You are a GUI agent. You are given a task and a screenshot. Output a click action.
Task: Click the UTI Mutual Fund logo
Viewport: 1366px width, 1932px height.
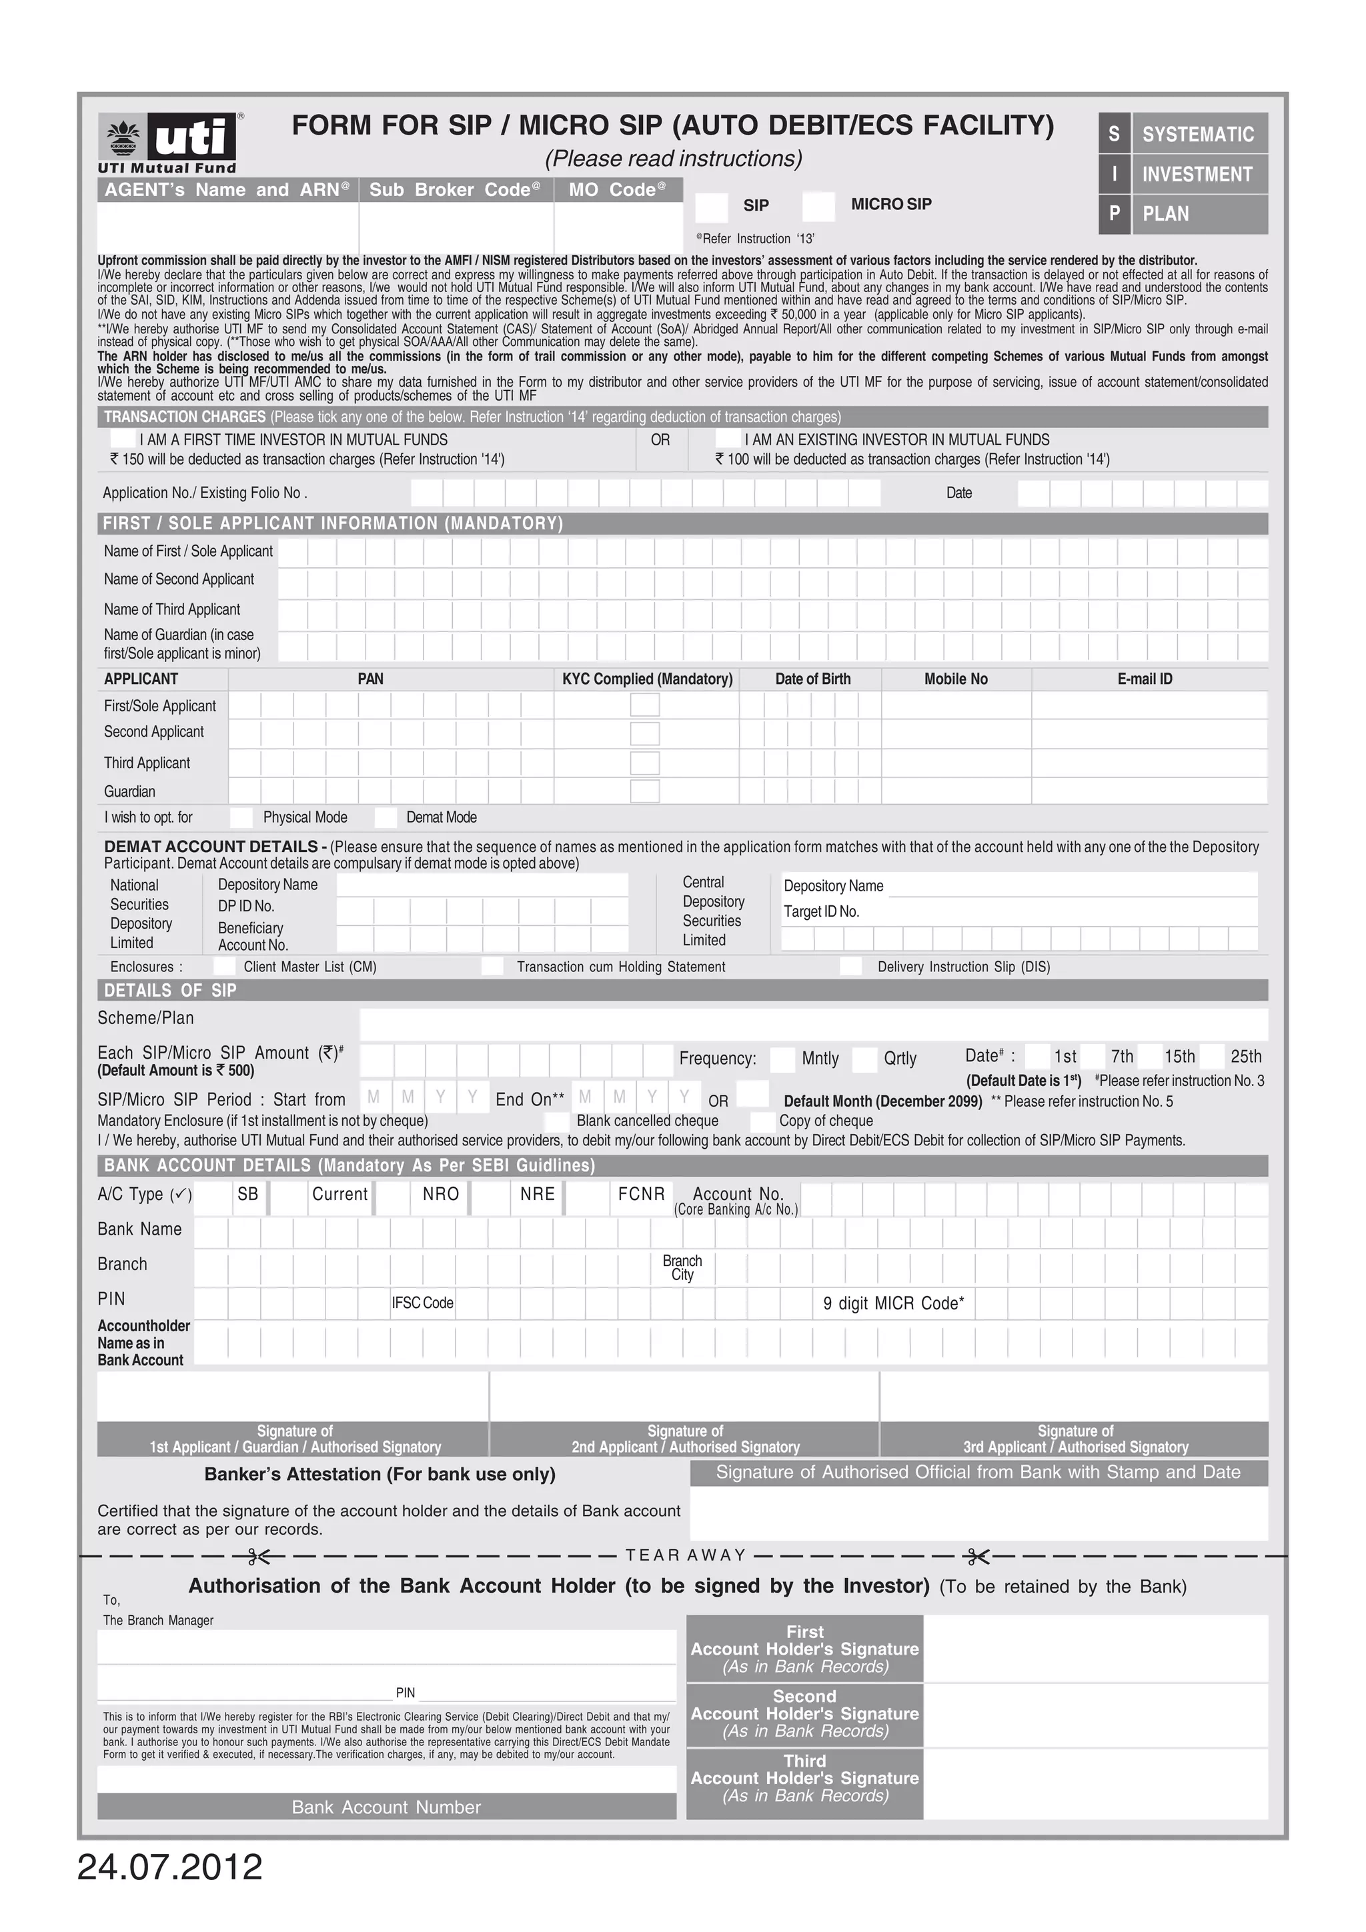(168, 143)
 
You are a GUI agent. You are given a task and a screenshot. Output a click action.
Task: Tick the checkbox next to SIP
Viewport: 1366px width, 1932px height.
(712, 206)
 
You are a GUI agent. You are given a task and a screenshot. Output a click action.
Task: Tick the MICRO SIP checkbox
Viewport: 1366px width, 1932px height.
(818, 206)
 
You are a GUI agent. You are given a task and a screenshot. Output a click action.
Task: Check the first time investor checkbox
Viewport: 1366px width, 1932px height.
(123, 439)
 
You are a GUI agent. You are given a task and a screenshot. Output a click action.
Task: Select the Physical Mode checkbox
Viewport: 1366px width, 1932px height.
(241, 817)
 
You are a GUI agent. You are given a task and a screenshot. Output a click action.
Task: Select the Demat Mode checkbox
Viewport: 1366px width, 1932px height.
(386, 817)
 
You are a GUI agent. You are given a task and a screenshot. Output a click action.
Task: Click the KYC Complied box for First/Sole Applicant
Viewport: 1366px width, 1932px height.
(645, 705)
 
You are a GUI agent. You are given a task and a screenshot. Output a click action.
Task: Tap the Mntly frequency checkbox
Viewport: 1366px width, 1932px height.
(783, 1059)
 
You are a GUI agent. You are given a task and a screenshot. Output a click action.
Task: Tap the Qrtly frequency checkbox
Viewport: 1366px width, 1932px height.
(864, 1059)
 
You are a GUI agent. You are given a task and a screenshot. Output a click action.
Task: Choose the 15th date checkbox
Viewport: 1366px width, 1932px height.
(1150, 1056)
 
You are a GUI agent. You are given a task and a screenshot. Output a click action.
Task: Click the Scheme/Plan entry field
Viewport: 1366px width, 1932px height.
(812, 1024)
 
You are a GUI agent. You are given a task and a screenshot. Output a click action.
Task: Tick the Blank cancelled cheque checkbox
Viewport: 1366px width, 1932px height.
(556, 1122)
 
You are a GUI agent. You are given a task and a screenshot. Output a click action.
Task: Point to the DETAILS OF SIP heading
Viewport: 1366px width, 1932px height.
(170, 991)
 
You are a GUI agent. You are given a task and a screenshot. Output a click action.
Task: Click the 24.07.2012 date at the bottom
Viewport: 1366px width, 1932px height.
(170, 1867)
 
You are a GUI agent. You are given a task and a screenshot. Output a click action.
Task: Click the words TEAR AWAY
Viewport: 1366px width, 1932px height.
(686, 1555)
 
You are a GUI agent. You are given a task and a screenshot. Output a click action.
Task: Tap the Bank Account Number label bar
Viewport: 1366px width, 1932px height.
(386, 1807)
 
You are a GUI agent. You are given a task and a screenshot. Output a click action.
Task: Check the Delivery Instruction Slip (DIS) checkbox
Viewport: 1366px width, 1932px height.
(851, 966)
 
